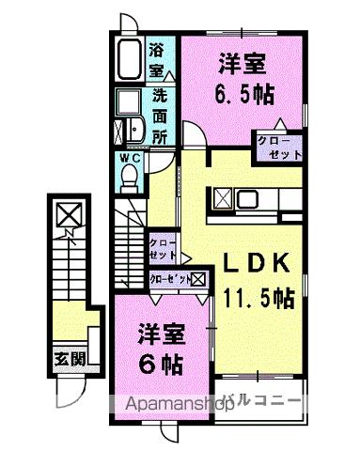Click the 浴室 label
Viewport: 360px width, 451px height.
(158, 58)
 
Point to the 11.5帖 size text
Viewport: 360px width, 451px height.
(258, 299)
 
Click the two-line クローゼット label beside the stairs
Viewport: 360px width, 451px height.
(164, 250)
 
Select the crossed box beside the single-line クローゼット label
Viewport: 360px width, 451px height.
(199, 280)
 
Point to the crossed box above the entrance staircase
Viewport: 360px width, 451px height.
(69, 216)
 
